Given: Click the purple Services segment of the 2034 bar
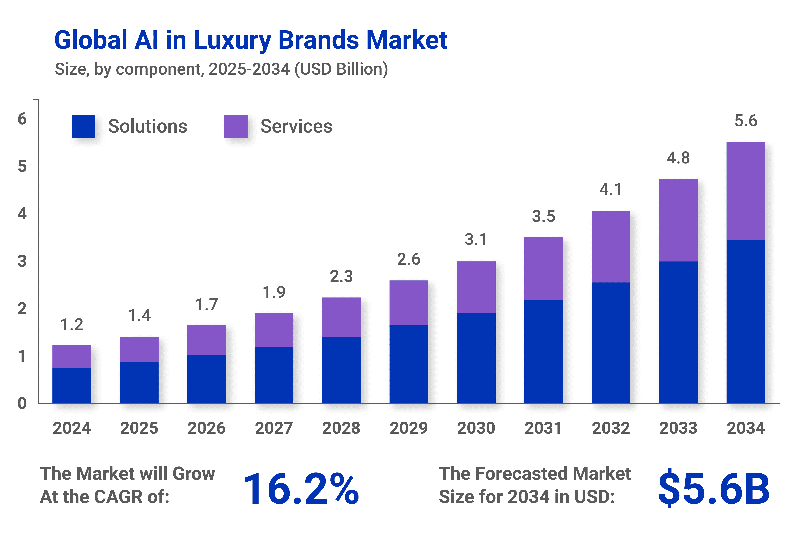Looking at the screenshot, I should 746,191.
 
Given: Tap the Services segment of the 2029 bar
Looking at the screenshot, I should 409,303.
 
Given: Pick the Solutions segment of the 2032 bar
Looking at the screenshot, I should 611,343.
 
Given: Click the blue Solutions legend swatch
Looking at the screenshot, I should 84,126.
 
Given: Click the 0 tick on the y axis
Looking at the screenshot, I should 22,404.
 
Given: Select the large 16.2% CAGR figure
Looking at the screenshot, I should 301,489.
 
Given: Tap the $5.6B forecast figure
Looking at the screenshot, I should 714,489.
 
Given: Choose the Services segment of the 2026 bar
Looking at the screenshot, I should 207,340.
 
